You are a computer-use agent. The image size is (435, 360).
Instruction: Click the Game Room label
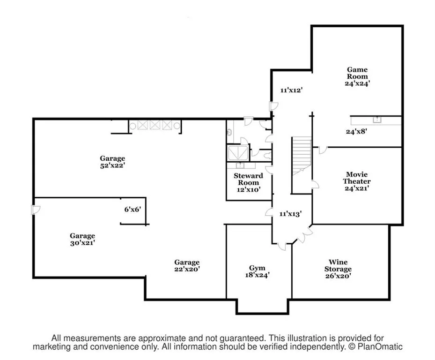tap(357, 73)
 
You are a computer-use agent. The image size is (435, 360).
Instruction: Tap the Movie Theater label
tap(356, 178)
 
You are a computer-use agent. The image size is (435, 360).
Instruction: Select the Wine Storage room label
tap(338, 266)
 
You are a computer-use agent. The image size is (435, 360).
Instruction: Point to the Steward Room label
tap(248, 179)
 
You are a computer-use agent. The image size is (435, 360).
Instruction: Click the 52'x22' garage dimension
tap(112, 165)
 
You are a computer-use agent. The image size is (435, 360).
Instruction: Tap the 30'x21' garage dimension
tap(82, 243)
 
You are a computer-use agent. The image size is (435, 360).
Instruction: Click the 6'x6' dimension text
tap(133, 210)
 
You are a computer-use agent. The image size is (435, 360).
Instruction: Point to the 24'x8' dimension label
tap(356, 132)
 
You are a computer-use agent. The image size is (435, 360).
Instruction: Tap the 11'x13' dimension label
tap(289, 213)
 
